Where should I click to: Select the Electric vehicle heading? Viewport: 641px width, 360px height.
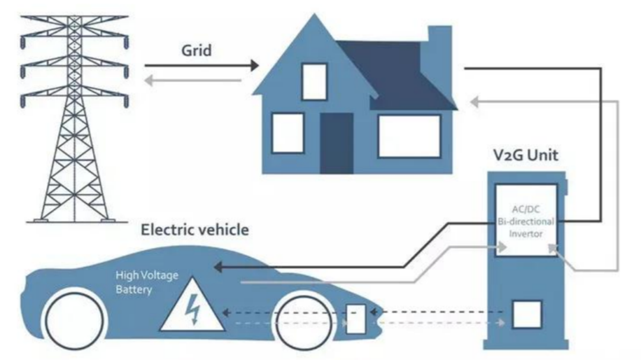pos(195,230)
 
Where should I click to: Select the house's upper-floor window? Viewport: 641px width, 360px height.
pos(315,81)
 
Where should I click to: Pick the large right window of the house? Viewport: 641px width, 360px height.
pos(410,136)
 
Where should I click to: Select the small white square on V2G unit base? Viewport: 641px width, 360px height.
pos(527,315)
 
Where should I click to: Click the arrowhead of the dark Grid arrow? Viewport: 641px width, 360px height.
pos(255,65)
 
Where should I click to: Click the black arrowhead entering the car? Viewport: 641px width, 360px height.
pos(219,267)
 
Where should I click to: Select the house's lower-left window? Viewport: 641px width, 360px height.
pos(288,131)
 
